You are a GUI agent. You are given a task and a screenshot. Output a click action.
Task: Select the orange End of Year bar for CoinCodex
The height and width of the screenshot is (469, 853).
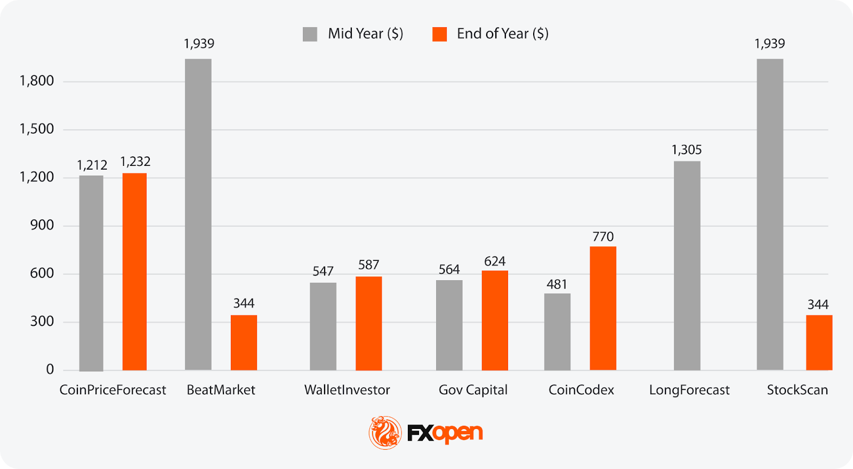[x=603, y=308]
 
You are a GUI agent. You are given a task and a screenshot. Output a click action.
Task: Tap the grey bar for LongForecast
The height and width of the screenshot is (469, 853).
[x=687, y=266]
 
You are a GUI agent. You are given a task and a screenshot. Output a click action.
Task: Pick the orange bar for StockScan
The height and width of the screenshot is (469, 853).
[x=819, y=343]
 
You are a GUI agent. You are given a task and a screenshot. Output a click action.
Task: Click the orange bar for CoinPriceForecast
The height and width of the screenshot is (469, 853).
[x=134, y=272]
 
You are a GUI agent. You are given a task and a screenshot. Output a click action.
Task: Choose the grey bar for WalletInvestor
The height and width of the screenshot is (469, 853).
[x=323, y=327]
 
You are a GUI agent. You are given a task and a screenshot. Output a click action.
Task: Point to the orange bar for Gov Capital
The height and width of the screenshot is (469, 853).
[x=495, y=320]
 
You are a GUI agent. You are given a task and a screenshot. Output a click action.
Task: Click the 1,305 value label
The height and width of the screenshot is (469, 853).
[x=687, y=150]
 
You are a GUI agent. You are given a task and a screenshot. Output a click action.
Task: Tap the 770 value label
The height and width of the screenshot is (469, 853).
[x=603, y=236]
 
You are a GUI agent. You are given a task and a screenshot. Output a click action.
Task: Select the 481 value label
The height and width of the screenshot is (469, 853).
[x=557, y=284]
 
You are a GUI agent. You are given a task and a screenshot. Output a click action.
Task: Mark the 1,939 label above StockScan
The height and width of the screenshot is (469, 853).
[x=769, y=44]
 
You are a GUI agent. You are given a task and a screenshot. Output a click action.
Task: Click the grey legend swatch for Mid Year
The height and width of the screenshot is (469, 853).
[x=310, y=34]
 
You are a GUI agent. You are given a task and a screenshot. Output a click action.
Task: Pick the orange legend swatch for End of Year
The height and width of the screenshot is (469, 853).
[x=440, y=34]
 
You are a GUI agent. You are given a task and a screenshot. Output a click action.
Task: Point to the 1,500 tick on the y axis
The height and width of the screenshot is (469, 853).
[x=37, y=129]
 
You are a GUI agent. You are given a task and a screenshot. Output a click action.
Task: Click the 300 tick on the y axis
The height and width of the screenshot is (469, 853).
[x=42, y=321]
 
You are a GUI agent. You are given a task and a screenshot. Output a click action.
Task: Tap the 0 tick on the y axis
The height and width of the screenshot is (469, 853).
[x=50, y=369]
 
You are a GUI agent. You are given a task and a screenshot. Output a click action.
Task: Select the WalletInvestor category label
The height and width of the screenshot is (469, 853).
[x=347, y=390]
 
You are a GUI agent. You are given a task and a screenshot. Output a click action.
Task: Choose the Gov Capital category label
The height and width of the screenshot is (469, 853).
[x=473, y=390]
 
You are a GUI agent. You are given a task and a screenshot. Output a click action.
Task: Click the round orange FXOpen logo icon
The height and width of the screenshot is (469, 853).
[x=385, y=433]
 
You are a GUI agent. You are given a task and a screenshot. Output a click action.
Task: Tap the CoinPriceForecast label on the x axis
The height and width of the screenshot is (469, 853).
[x=112, y=390]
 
